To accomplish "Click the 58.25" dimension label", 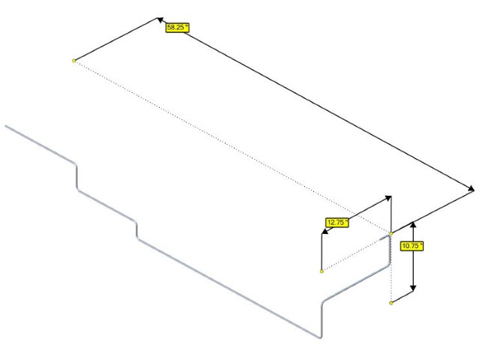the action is coord(177,28).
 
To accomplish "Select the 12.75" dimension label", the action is coord(337,223).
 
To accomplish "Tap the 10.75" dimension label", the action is coord(412,246).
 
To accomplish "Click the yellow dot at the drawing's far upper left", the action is coord(73,61).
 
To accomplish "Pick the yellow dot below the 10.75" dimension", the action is coord(391,303).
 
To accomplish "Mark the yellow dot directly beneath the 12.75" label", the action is coord(322,271).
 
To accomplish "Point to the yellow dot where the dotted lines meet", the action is coord(391,234).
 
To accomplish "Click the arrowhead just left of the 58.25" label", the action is coord(160,20).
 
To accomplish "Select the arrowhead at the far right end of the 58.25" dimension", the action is coord(471,190).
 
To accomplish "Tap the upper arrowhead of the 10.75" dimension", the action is coord(413,224).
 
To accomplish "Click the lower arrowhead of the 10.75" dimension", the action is coord(413,287).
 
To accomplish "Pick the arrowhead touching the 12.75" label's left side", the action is coord(325,231).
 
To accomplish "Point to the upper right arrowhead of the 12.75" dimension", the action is coord(388,198).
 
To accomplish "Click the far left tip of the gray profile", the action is coord(6,126).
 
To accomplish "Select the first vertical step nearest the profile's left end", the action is coord(76,178).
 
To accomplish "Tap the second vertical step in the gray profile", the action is coord(136,230).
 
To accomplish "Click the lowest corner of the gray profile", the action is coord(320,337).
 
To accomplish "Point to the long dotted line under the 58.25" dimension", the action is coord(232,147).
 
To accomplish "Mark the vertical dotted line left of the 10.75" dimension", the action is coord(391,268).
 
